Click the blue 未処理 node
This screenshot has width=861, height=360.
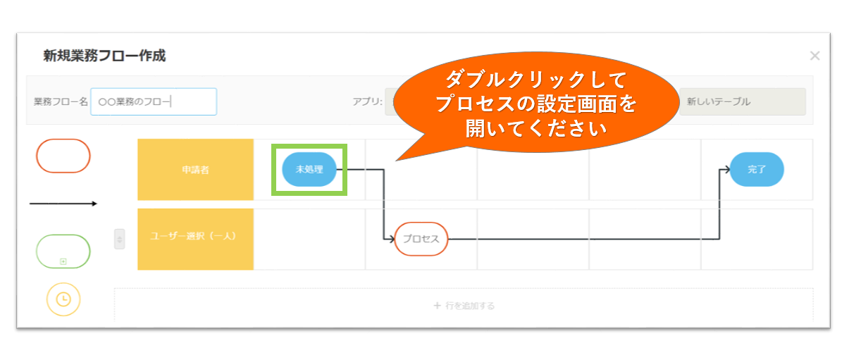309,170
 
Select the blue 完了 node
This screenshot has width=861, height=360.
757,170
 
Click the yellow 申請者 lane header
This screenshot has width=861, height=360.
195,170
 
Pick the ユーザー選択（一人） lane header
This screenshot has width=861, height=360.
195,239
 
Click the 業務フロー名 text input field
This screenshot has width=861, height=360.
154,102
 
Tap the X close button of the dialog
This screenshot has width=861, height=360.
814,56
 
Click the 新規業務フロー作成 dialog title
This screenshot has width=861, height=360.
104,56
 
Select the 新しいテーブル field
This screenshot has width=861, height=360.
743,102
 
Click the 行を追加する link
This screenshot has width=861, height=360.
464,306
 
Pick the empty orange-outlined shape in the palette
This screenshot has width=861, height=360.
63,139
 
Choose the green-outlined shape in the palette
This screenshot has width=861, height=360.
63,235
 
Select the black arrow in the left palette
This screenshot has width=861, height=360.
63,204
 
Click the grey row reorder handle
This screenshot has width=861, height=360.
120,239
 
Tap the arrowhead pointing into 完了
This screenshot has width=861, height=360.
726,170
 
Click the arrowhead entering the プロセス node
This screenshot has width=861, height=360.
392,239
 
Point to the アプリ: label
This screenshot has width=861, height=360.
368,102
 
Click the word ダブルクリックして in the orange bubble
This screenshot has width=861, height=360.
536,80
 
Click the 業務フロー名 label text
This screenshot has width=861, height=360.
61,102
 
